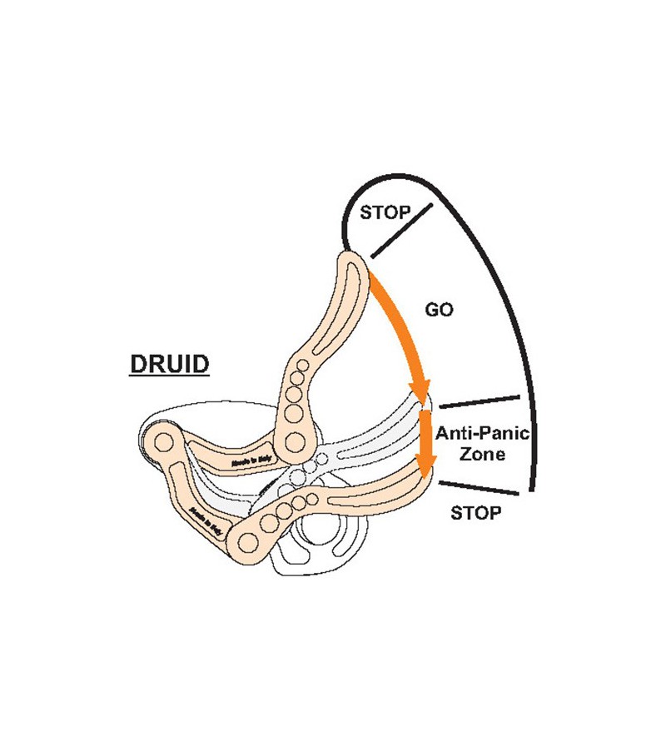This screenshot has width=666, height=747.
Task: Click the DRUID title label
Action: coord(169,364)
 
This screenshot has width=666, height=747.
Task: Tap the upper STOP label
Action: coord(385,213)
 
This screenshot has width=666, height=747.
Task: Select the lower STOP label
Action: coord(475,513)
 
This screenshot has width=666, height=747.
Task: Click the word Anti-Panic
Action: coord(483,433)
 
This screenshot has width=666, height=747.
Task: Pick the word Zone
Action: coord(483,455)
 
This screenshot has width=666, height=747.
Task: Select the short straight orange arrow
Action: coord(427,441)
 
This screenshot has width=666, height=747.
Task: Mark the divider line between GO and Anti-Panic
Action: coord(480,401)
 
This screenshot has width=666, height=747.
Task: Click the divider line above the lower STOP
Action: coord(479,489)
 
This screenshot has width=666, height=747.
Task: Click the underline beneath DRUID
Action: coord(169,376)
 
